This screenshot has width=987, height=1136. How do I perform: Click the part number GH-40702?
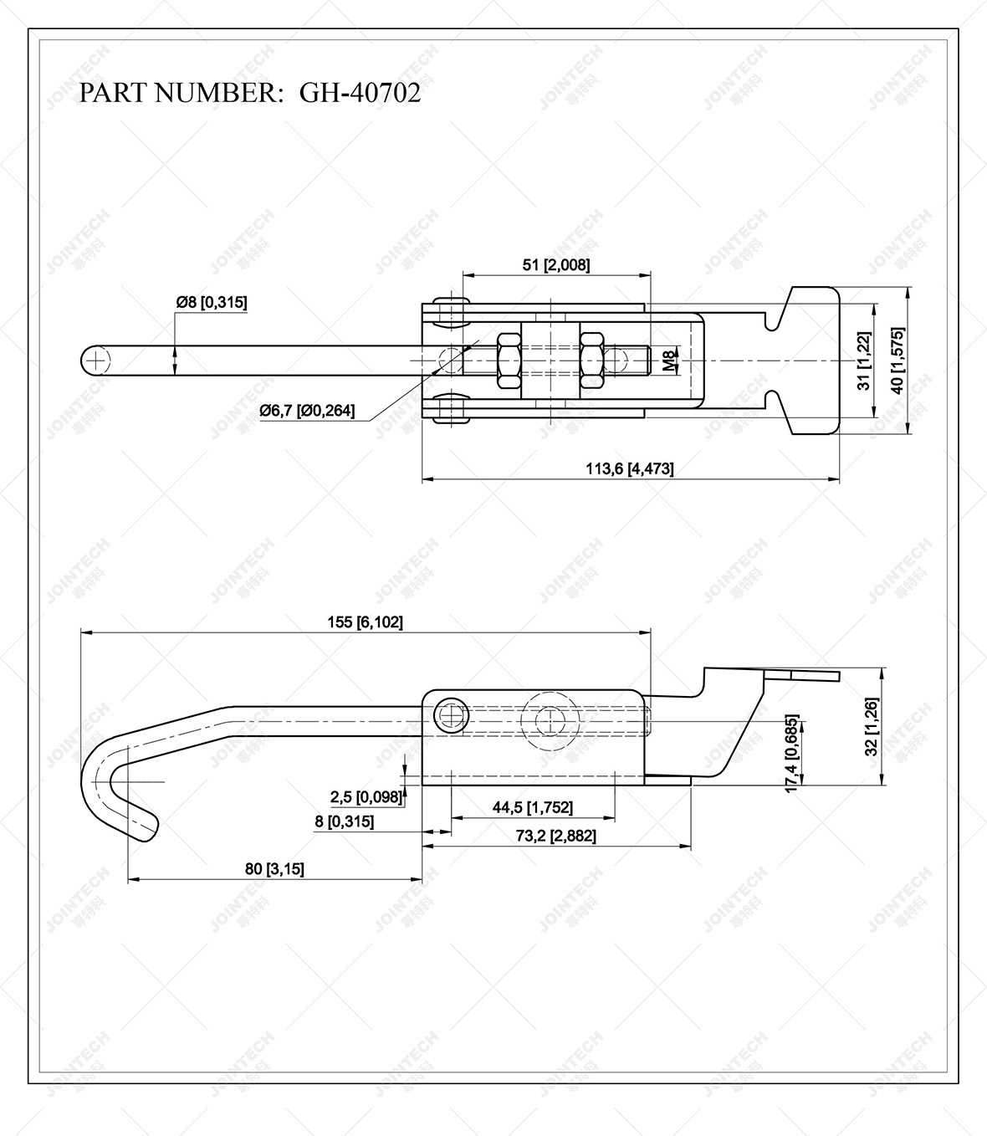click(x=360, y=93)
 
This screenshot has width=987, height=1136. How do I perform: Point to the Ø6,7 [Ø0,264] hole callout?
click(x=307, y=410)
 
